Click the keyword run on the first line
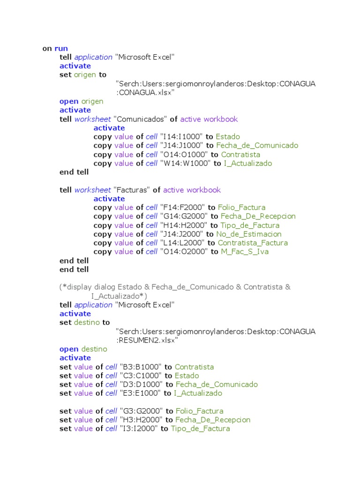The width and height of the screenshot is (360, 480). click(x=61, y=48)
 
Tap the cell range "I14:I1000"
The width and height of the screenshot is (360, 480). click(x=181, y=137)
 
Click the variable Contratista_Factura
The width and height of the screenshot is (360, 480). click(x=253, y=243)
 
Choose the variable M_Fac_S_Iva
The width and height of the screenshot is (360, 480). click(x=245, y=252)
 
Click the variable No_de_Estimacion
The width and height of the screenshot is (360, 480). click(x=249, y=234)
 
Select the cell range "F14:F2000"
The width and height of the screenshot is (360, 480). click(x=183, y=207)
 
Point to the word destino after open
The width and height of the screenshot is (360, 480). click(x=94, y=349)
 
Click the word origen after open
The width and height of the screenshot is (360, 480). click(x=92, y=101)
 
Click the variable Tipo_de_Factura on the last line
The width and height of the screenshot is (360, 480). click(x=200, y=429)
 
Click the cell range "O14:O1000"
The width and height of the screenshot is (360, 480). click(x=184, y=155)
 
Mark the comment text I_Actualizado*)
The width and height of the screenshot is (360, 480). click(x=119, y=296)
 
